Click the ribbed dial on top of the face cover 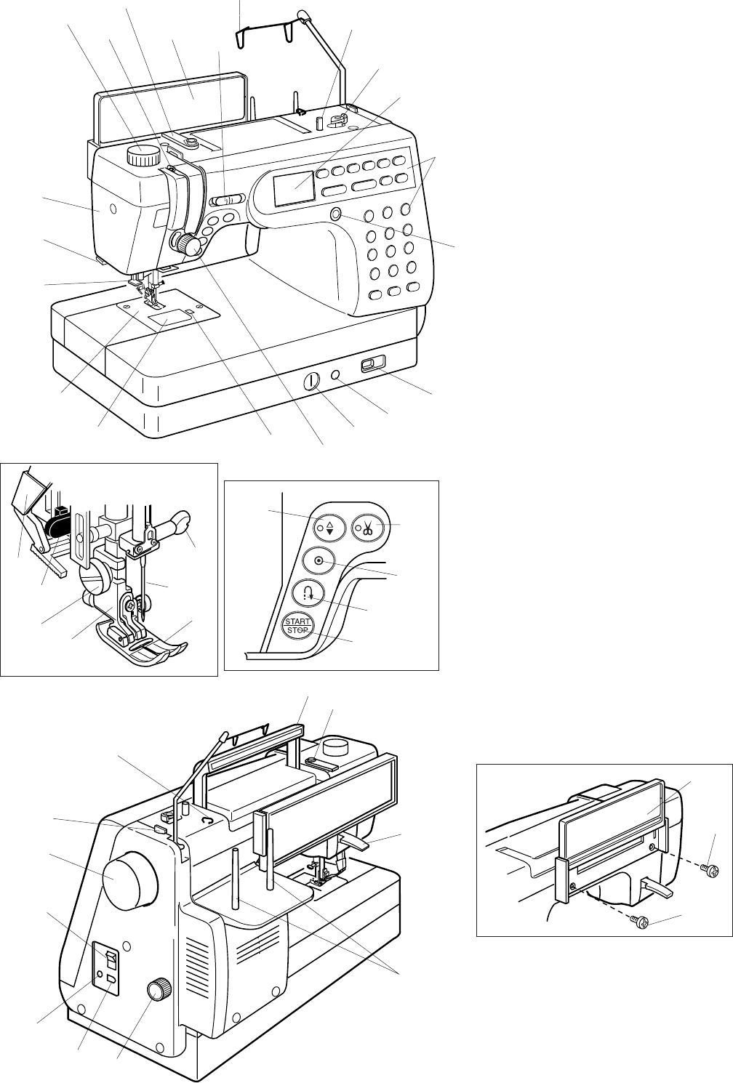[143, 156]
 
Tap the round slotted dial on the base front [311, 380]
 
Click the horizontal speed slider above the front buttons [225, 199]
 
